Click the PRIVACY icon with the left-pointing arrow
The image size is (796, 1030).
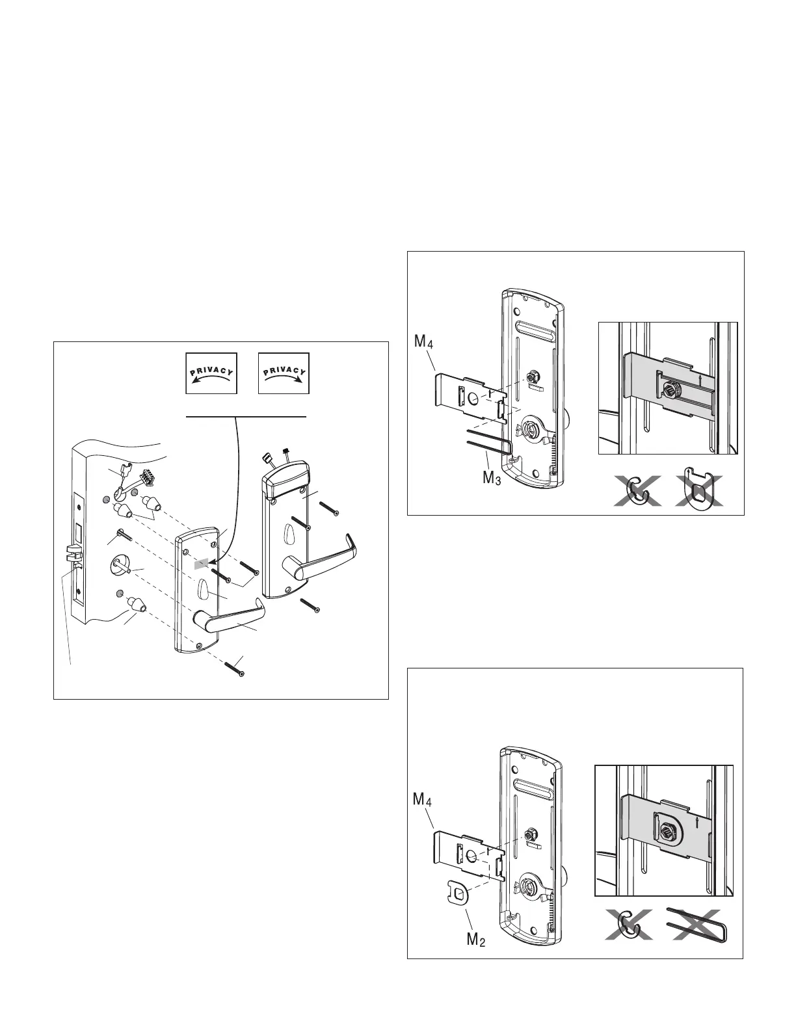211,374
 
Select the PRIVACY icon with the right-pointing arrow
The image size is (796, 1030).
284,374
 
